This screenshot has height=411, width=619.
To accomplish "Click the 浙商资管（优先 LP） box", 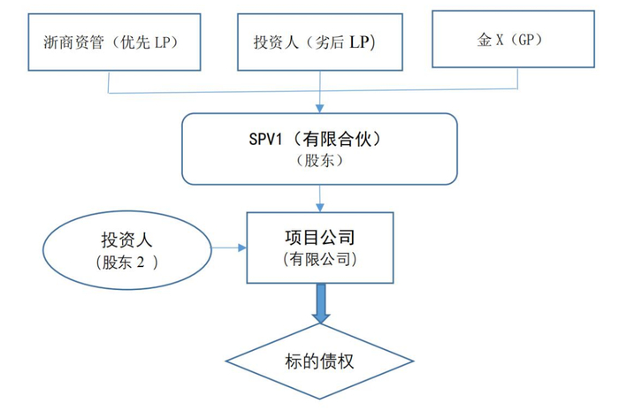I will pyautogui.click(x=109, y=41).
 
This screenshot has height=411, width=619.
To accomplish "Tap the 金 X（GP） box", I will pyautogui.click(x=514, y=38).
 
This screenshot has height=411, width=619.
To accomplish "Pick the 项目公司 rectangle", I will pyautogui.click(x=319, y=248).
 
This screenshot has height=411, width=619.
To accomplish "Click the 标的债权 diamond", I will pyautogui.click(x=320, y=361).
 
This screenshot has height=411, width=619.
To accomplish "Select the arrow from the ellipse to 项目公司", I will pyautogui.click(x=227, y=248).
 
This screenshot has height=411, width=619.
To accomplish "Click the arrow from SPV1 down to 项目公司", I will pyautogui.click(x=319, y=194).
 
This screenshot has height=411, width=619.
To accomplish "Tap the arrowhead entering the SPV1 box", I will pyautogui.click(x=319, y=109).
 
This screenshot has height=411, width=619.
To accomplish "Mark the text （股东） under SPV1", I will pyautogui.click(x=319, y=161).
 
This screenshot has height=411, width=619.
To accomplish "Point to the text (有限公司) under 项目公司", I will pyautogui.click(x=319, y=260).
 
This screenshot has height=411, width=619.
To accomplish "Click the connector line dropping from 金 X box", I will pyautogui.click(x=516, y=80).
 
